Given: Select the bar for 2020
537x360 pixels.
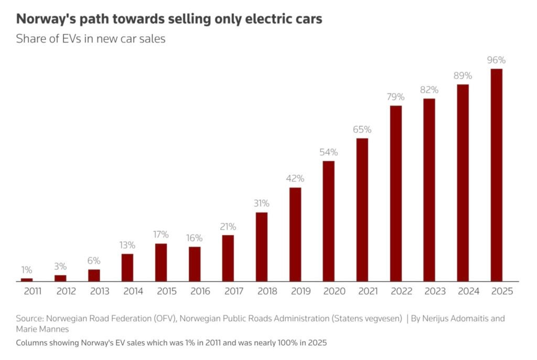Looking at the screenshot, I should [x=329, y=221].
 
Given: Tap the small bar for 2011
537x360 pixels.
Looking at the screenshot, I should [x=27, y=280].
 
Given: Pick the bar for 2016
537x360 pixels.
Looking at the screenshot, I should [x=195, y=264].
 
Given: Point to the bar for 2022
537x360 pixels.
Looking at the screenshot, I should [x=396, y=193].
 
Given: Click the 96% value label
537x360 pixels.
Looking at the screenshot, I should [x=496, y=60].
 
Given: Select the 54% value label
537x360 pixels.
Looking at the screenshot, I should [x=329, y=152].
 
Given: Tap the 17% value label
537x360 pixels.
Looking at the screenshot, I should [x=161, y=235].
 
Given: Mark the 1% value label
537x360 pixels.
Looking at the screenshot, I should [x=27, y=270].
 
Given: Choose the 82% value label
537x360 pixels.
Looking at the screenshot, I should [x=429, y=90].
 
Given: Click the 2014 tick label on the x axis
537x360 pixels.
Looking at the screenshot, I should [x=127, y=291].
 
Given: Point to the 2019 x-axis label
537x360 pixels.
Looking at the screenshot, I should [x=295, y=291].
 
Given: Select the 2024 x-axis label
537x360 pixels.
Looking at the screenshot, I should [x=463, y=291].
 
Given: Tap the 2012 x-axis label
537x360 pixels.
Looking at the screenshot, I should [x=60, y=291].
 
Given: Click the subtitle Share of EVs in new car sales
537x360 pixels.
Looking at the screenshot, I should [x=91, y=39].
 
